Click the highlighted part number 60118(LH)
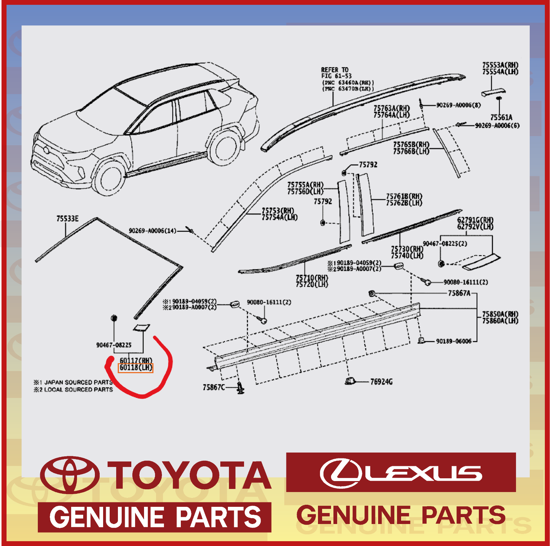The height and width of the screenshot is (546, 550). pyautogui.click(x=135, y=368)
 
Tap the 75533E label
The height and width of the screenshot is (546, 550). pyautogui.click(x=67, y=219)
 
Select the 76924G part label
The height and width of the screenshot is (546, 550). pyautogui.click(x=381, y=382)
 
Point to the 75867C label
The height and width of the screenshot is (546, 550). pyautogui.click(x=213, y=387)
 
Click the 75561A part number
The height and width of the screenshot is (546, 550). pyautogui.click(x=501, y=118)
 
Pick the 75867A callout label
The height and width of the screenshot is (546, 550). pyautogui.click(x=459, y=293)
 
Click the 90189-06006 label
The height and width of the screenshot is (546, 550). pyautogui.click(x=453, y=341)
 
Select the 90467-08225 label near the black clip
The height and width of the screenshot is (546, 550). pyautogui.click(x=114, y=345)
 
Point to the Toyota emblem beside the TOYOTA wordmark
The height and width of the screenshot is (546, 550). pyautogui.click(x=70, y=475)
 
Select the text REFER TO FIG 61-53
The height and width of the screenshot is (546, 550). pyautogui.click(x=336, y=73)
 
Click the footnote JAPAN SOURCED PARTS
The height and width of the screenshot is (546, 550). pyautogui.click(x=78, y=382)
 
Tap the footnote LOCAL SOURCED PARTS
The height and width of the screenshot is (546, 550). pyautogui.click(x=78, y=390)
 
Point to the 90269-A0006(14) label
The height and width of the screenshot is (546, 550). pyautogui.click(x=152, y=231)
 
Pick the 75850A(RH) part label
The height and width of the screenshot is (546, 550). pyautogui.click(x=500, y=314)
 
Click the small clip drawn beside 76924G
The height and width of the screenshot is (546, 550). pyautogui.click(x=350, y=381)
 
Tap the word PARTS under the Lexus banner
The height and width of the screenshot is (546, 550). pyautogui.click(x=463, y=515)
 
